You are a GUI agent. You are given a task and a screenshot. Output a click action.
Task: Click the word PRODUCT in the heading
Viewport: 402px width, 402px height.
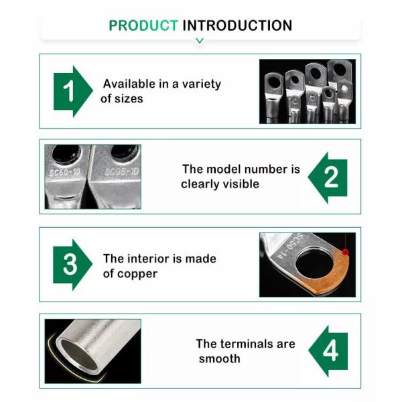[x=143, y=25]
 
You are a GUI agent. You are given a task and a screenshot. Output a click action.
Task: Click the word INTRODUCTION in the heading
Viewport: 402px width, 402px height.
[x=237, y=25]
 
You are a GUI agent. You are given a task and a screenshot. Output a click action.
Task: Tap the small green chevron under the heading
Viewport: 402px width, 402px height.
[x=200, y=40]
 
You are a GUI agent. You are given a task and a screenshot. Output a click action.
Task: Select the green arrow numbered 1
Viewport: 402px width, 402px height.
[x=73, y=91]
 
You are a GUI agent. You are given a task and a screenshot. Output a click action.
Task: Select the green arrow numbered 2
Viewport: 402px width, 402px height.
[x=328, y=178]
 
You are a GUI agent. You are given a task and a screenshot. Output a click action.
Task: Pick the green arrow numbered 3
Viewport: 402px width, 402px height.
[x=72, y=265]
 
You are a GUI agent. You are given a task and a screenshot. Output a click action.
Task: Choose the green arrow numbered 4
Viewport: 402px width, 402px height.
[x=328, y=351]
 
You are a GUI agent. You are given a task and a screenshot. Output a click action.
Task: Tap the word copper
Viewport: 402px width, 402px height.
[x=137, y=274]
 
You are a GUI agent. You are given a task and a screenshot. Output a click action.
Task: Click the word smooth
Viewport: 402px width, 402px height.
[x=220, y=358]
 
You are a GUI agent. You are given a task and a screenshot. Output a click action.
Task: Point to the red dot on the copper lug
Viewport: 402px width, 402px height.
[x=345, y=253]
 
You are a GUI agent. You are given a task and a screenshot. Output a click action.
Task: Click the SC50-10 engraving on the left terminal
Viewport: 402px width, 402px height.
[x=64, y=172]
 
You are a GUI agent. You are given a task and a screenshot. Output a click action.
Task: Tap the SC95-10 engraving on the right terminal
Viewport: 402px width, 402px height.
[x=121, y=172]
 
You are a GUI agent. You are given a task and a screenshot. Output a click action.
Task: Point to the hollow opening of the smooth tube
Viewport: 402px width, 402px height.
[x=78, y=354]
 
